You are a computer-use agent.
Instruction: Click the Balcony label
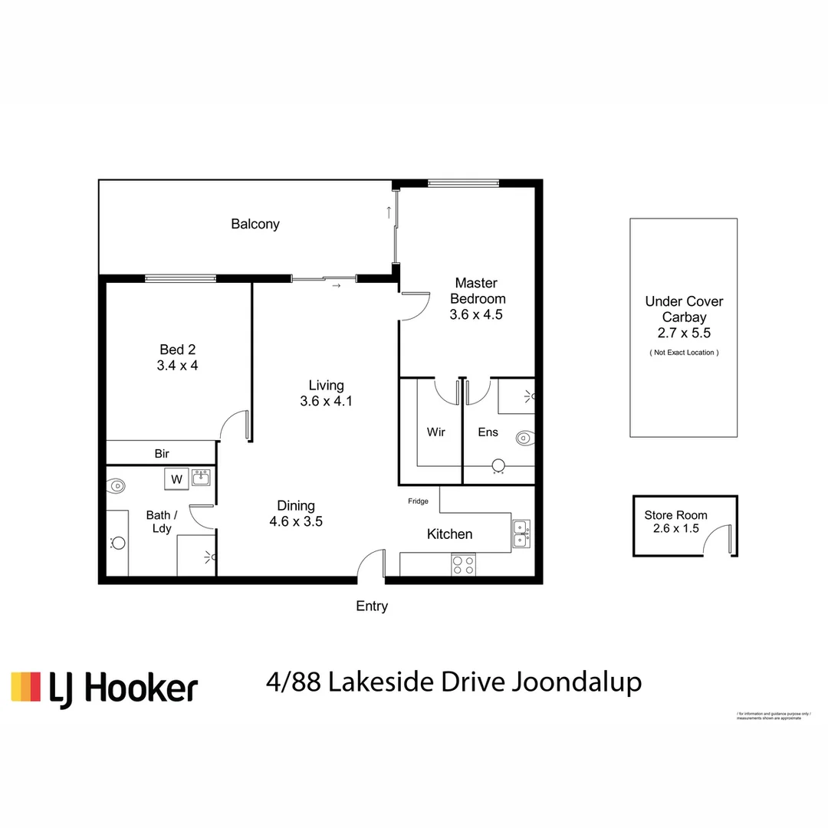point(255,225)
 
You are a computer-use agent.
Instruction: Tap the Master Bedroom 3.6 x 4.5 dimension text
point(476,314)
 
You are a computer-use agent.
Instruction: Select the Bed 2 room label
point(177,350)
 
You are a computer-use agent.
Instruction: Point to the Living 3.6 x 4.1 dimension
point(326,400)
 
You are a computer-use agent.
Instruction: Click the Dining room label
point(296,505)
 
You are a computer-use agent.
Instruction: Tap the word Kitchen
point(449,534)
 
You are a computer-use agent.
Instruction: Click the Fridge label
point(418,501)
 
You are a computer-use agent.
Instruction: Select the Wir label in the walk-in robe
point(435,432)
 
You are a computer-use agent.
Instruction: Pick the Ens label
point(488,432)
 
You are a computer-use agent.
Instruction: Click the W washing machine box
point(176,479)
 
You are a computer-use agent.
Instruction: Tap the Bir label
point(162,454)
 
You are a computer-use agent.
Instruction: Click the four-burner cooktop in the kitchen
point(463,565)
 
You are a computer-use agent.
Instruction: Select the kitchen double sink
point(521,534)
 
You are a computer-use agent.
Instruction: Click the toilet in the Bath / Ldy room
point(117,485)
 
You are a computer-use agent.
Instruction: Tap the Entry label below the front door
point(372,606)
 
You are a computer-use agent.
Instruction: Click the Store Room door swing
point(720,541)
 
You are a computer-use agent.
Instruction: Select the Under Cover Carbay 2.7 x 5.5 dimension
point(683,333)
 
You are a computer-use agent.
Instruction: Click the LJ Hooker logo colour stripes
point(25,687)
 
